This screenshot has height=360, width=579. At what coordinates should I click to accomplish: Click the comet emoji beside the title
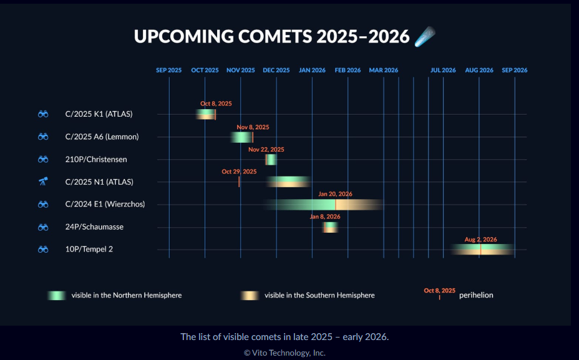coord(425,37)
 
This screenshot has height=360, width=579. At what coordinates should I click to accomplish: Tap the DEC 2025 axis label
coord(276,70)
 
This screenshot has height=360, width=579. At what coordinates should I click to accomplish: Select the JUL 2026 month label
coord(443,70)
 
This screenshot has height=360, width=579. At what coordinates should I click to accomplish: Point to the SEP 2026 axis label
coord(515,70)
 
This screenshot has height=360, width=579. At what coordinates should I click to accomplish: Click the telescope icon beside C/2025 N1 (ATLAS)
coord(43,182)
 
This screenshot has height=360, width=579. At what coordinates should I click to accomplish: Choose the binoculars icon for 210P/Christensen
coord(43,159)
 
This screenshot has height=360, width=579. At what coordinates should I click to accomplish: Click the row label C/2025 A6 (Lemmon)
coord(102,137)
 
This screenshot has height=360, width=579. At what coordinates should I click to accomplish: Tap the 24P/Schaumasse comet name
coord(94,226)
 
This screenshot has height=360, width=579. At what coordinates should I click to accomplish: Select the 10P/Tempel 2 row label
coord(89,249)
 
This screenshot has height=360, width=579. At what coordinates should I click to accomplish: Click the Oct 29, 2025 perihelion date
coord(239,172)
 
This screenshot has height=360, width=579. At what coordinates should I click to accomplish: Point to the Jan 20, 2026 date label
coord(335,194)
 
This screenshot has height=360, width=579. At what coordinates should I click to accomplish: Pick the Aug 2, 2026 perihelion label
coord(481,239)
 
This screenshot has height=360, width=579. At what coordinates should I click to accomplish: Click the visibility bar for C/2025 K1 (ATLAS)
coord(206,114)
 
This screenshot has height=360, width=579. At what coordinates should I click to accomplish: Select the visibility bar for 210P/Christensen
coord(271,160)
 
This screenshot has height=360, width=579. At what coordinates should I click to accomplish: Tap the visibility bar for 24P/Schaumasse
coord(330,227)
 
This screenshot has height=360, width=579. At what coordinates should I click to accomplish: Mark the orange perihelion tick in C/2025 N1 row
coord(239,182)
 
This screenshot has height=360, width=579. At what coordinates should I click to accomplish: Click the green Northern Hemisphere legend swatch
coord(57,295)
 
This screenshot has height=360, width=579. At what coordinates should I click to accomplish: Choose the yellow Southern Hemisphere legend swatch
coord(250,295)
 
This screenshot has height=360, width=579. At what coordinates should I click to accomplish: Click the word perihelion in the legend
coord(476,295)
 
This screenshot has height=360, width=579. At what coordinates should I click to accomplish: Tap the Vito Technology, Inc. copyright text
coord(285,353)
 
